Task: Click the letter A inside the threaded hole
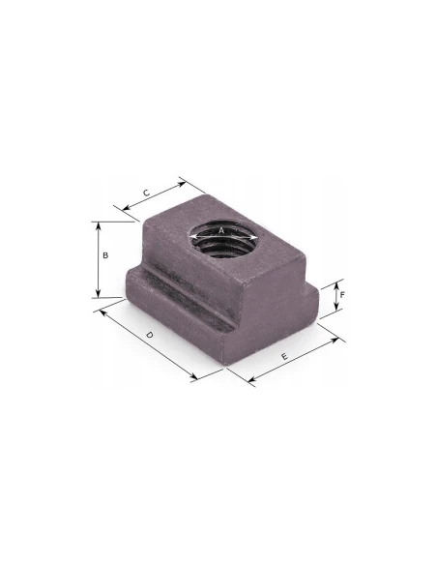click(x=221, y=230)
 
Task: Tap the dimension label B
click(x=105, y=255)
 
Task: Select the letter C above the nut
click(x=146, y=193)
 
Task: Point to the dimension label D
click(x=150, y=335)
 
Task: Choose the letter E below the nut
click(x=284, y=356)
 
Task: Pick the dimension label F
click(x=342, y=295)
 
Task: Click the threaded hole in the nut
click(x=223, y=239)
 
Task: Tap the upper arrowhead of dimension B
click(x=99, y=225)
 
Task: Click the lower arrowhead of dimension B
click(x=99, y=294)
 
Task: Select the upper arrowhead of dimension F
click(x=336, y=285)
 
